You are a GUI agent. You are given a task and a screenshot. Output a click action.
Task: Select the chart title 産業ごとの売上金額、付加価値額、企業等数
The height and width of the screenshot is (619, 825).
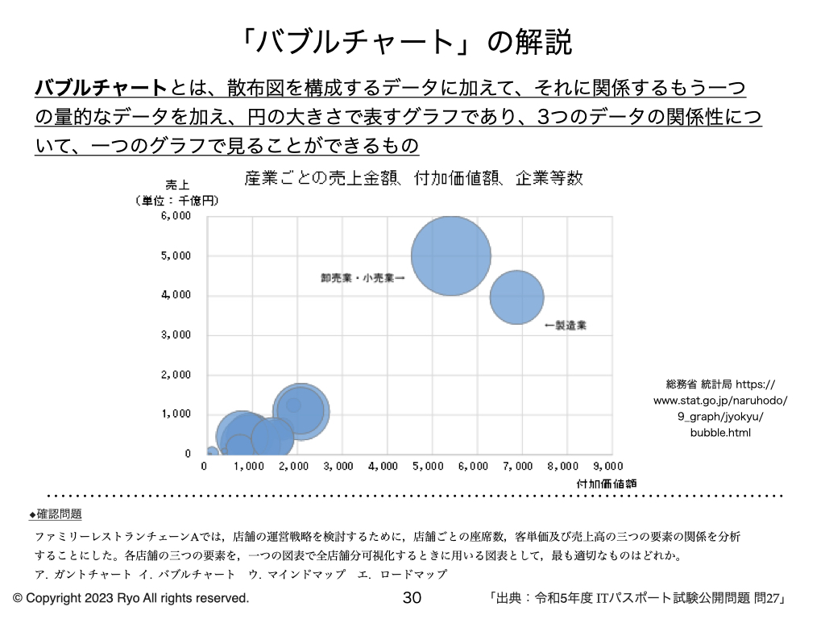[x=413, y=178]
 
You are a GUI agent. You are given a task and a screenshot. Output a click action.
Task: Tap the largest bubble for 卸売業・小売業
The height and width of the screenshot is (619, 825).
[x=451, y=255]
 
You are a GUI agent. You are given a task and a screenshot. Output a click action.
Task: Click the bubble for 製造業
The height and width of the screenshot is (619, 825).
[x=516, y=297]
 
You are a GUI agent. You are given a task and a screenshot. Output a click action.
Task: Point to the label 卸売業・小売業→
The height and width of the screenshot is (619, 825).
[x=363, y=277]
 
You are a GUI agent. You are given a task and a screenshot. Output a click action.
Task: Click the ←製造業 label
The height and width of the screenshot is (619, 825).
[x=566, y=326]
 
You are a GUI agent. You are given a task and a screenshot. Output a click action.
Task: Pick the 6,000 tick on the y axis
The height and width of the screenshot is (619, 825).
[x=177, y=216]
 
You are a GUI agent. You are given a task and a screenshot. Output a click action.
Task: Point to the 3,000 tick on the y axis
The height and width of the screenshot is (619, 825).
[x=177, y=334]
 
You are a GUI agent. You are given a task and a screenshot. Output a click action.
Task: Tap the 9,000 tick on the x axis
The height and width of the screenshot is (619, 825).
[x=609, y=466]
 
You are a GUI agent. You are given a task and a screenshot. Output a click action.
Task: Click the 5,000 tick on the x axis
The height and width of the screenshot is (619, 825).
[x=428, y=466]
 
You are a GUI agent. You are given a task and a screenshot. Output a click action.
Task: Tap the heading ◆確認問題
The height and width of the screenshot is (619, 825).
[x=56, y=513]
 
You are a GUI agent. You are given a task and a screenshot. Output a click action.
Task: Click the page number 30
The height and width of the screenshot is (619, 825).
[x=412, y=597]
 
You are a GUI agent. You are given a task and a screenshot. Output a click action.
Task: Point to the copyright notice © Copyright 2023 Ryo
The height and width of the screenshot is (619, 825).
[x=131, y=598]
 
